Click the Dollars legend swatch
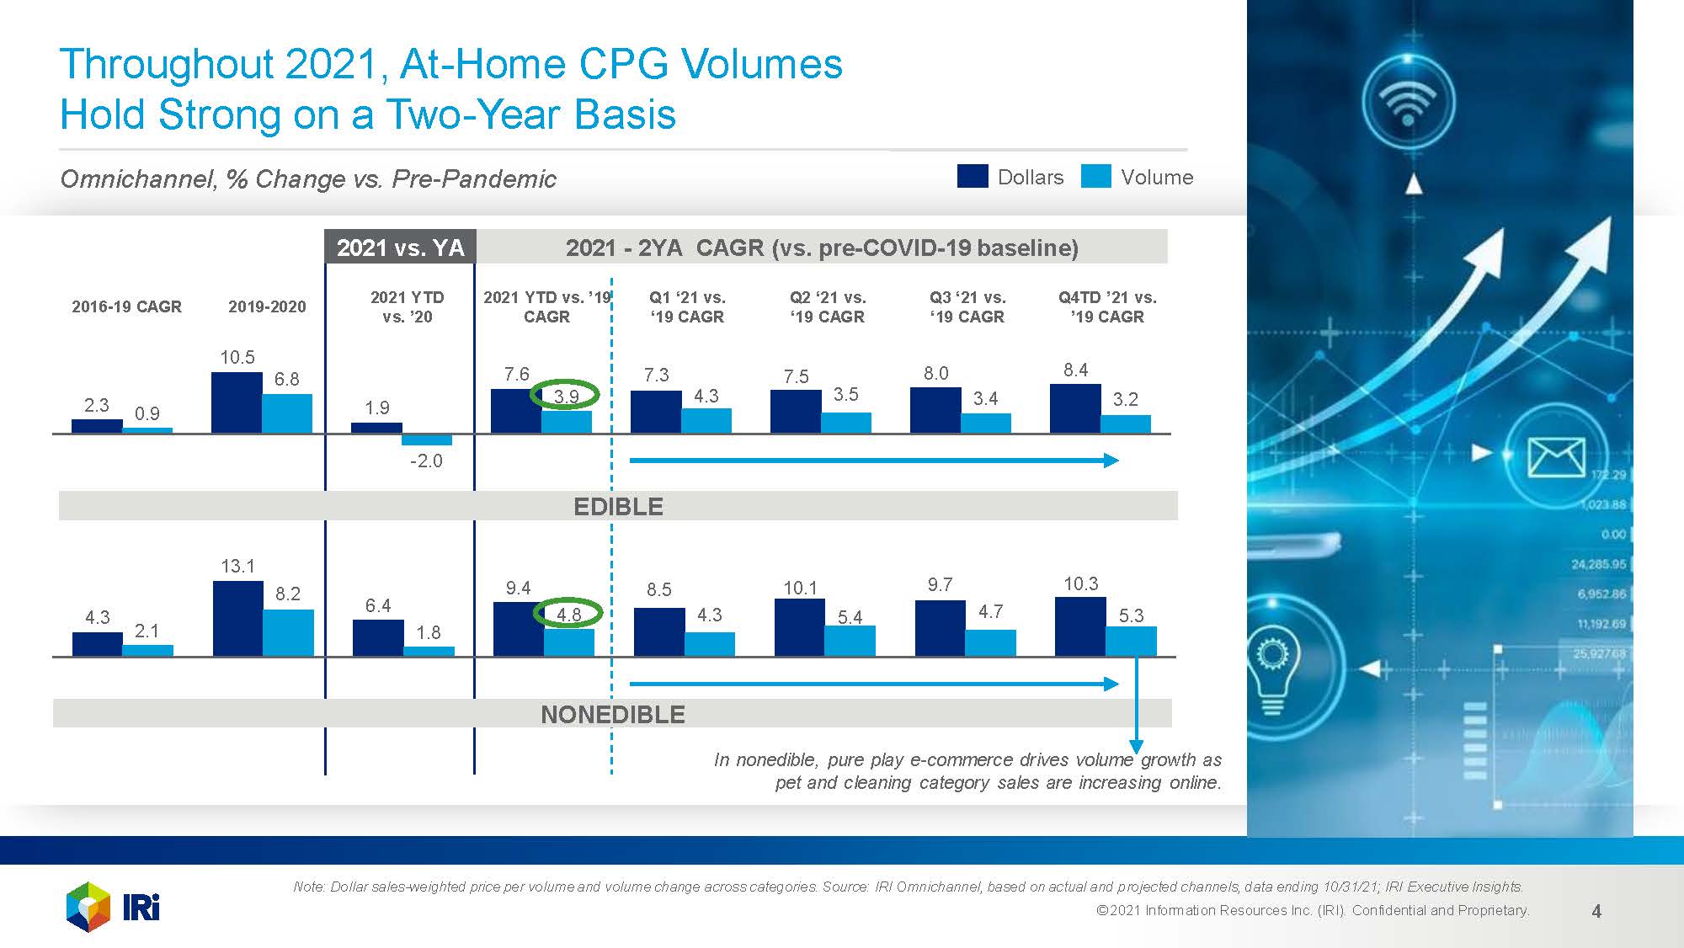click(x=972, y=176)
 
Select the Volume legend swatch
click(x=1095, y=176)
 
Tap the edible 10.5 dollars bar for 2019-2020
click(x=237, y=402)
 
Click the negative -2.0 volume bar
click(x=426, y=439)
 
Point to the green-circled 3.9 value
click(x=565, y=395)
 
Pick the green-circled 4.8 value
click(x=568, y=614)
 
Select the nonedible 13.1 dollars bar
click(x=237, y=618)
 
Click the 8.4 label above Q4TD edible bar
click(x=1075, y=370)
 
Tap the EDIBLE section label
click(x=618, y=507)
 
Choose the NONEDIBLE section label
click(x=612, y=715)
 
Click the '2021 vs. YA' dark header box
click(x=400, y=248)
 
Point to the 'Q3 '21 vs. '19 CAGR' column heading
click(x=967, y=307)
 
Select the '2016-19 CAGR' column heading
click(x=126, y=306)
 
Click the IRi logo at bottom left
click(x=113, y=907)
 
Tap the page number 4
click(x=1596, y=911)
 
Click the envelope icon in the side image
click(x=1556, y=457)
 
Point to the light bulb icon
click(x=1272, y=664)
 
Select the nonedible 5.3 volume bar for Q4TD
click(x=1131, y=641)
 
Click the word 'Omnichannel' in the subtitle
click(x=137, y=178)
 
